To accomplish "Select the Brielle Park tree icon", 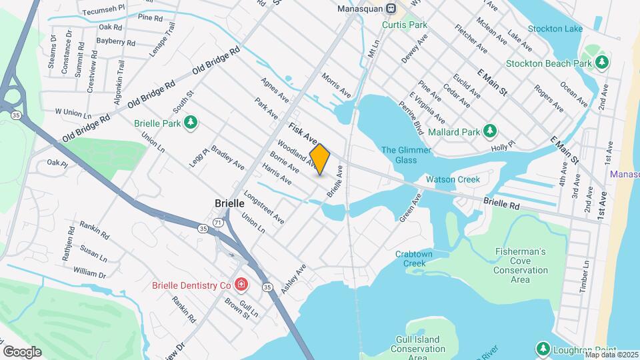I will click(191, 122).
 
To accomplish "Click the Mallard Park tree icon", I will click(489, 131).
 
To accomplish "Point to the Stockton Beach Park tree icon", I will click(602, 63).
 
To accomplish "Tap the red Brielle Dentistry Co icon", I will click(240, 285).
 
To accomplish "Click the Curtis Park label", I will click(405, 25).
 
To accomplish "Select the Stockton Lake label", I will click(555, 29).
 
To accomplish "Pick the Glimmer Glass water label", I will click(399, 155).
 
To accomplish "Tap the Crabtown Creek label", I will click(415, 259).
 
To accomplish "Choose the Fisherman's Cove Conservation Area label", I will click(521, 265).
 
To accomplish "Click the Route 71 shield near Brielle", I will click(219, 221).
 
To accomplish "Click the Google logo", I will click(22, 351).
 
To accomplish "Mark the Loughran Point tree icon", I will click(543, 349).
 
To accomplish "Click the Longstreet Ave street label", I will click(265, 208).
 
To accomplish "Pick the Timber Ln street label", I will click(585, 275).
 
